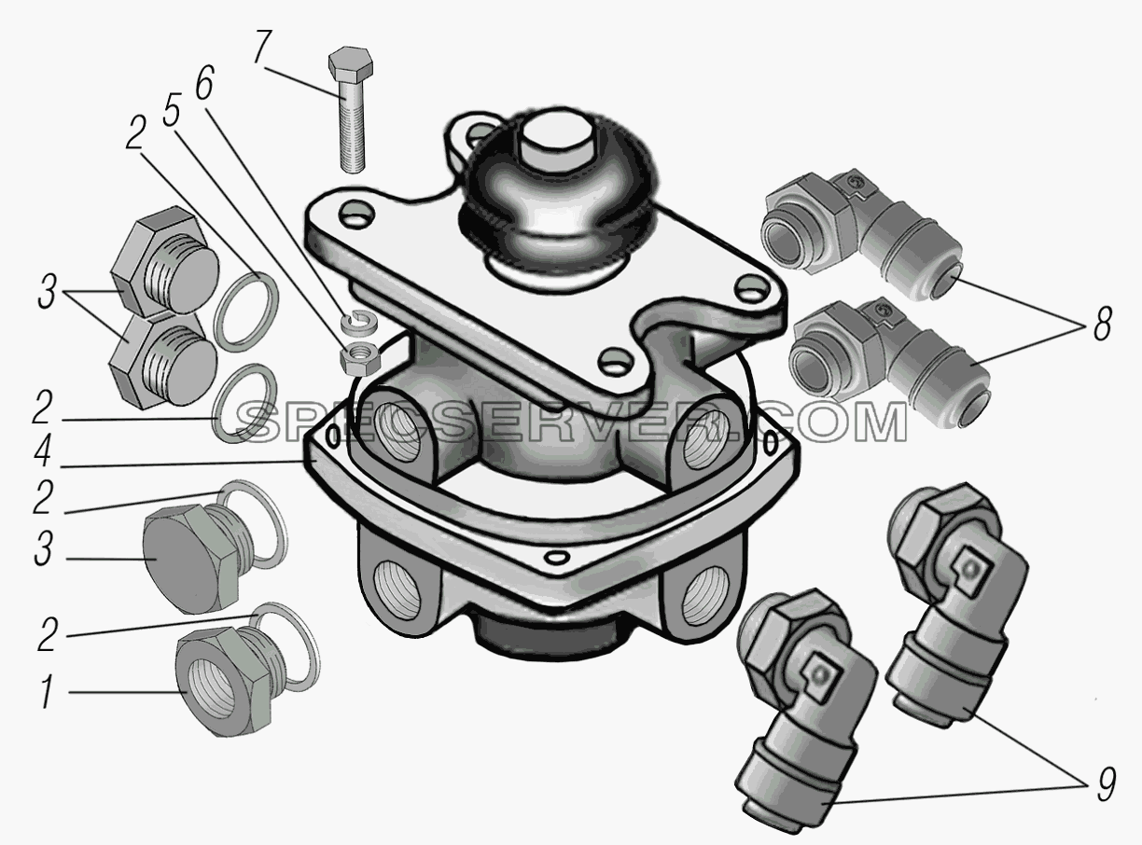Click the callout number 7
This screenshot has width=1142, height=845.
[263, 48]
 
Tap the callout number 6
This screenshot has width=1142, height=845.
[204, 82]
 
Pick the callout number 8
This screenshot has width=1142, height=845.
[1102, 324]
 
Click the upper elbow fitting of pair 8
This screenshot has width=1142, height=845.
[862, 234]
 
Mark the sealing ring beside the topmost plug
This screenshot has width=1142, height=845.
[246, 312]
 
